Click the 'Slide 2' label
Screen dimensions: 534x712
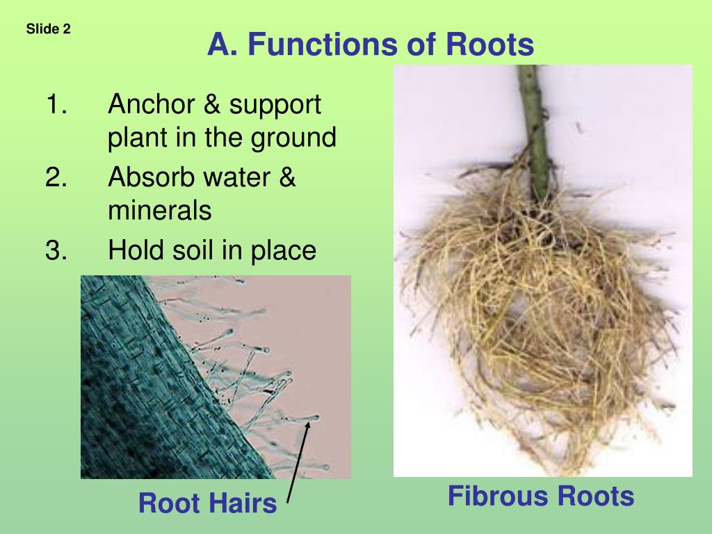click(x=49, y=29)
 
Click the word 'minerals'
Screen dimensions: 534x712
click(x=159, y=210)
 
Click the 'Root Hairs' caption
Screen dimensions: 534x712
click(x=207, y=503)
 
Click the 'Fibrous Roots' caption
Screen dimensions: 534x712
click(x=541, y=496)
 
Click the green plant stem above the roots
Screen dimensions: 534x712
click(x=534, y=125)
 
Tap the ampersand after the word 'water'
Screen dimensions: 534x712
click(x=287, y=178)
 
